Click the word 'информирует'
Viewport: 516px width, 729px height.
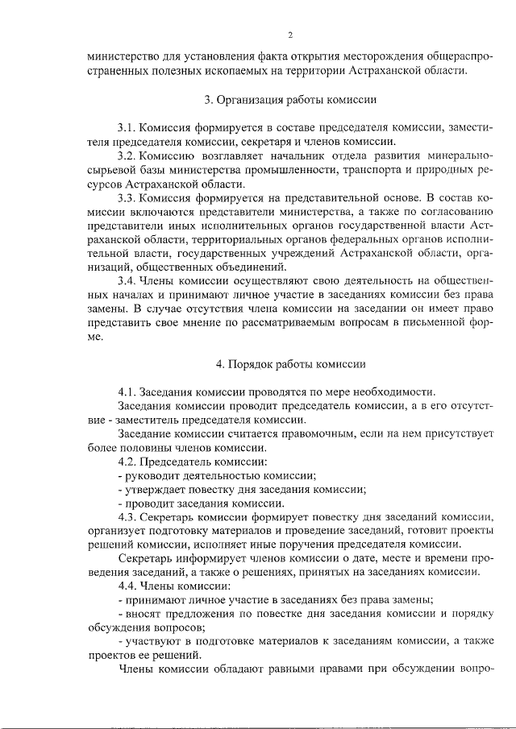pos(206,558)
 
